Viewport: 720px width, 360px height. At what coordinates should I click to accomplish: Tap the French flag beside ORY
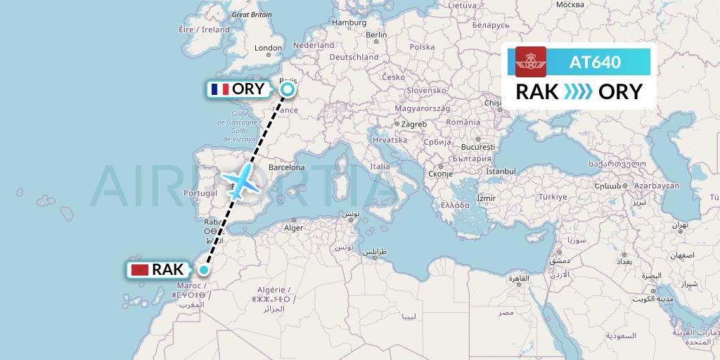pyautogui.click(x=219, y=89)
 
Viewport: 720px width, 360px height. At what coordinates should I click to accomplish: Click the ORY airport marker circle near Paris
pyautogui.click(x=287, y=89)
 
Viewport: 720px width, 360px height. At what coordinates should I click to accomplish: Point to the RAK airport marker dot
pyautogui.click(x=204, y=270)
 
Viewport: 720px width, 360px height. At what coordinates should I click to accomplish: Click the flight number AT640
pyautogui.click(x=595, y=62)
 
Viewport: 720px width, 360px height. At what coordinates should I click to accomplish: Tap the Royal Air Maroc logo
pyautogui.click(x=531, y=62)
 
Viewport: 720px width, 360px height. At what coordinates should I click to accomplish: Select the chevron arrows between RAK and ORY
pyautogui.click(x=579, y=92)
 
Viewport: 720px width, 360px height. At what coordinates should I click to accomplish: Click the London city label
pyautogui.click(x=267, y=49)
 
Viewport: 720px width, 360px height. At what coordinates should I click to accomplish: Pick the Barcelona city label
pyautogui.click(x=285, y=168)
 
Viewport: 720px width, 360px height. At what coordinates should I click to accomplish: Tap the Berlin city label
pyautogui.click(x=376, y=34)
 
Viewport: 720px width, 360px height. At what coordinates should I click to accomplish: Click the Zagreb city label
pyautogui.click(x=414, y=124)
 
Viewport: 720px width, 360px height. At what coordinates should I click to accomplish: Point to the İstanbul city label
pyautogui.click(x=501, y=172)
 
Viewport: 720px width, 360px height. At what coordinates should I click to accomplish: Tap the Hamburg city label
pyautogui.click(x=349, y=22)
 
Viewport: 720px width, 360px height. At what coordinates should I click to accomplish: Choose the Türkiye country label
pyautogui.click(x=553, y=198)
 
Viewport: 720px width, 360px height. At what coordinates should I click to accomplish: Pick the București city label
pyautogui.click(x=478, y=148)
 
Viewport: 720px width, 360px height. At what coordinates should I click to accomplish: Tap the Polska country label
pyautogui.click(x=422, y=47)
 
